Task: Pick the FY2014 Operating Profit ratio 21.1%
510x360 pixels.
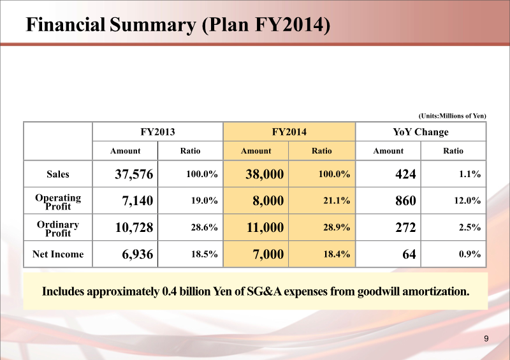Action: point(337,201)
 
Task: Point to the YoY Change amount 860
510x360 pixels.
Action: point(405,201)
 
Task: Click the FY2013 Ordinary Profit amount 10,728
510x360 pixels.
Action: point(134,228)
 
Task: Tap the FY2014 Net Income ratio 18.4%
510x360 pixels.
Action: point(337,255)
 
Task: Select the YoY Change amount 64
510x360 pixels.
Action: point(409,255)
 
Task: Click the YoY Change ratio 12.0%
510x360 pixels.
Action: point(468,201)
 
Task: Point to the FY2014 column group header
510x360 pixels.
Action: point(289,132)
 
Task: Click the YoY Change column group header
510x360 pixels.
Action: point(420,132)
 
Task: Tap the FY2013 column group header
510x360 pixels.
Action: point(157,132)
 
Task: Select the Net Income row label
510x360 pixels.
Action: point(58,255)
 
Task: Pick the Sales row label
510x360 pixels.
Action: point(58,174)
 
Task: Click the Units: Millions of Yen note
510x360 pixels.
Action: point(452,115)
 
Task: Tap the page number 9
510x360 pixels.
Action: point(486,338)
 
